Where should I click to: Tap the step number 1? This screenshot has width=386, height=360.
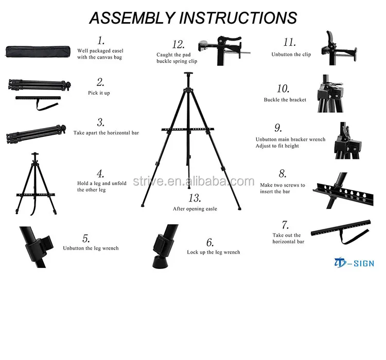click(101, 41)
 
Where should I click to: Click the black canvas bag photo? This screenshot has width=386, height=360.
click(35, 52)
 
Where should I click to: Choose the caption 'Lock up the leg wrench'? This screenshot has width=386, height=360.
click(213, 252)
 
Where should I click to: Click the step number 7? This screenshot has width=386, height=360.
click(285, 225)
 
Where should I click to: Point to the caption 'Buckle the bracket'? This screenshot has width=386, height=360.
click(285, 100)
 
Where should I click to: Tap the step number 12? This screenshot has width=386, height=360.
click(178, 44)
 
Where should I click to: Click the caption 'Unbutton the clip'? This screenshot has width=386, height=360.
click(291, 54)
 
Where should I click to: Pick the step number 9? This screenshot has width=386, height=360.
click(278, 128)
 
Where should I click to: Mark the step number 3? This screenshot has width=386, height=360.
click(101, 122)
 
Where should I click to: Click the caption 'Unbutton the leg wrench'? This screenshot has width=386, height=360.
click(91, 248)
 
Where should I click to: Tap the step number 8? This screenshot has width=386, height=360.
click(282, 174)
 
